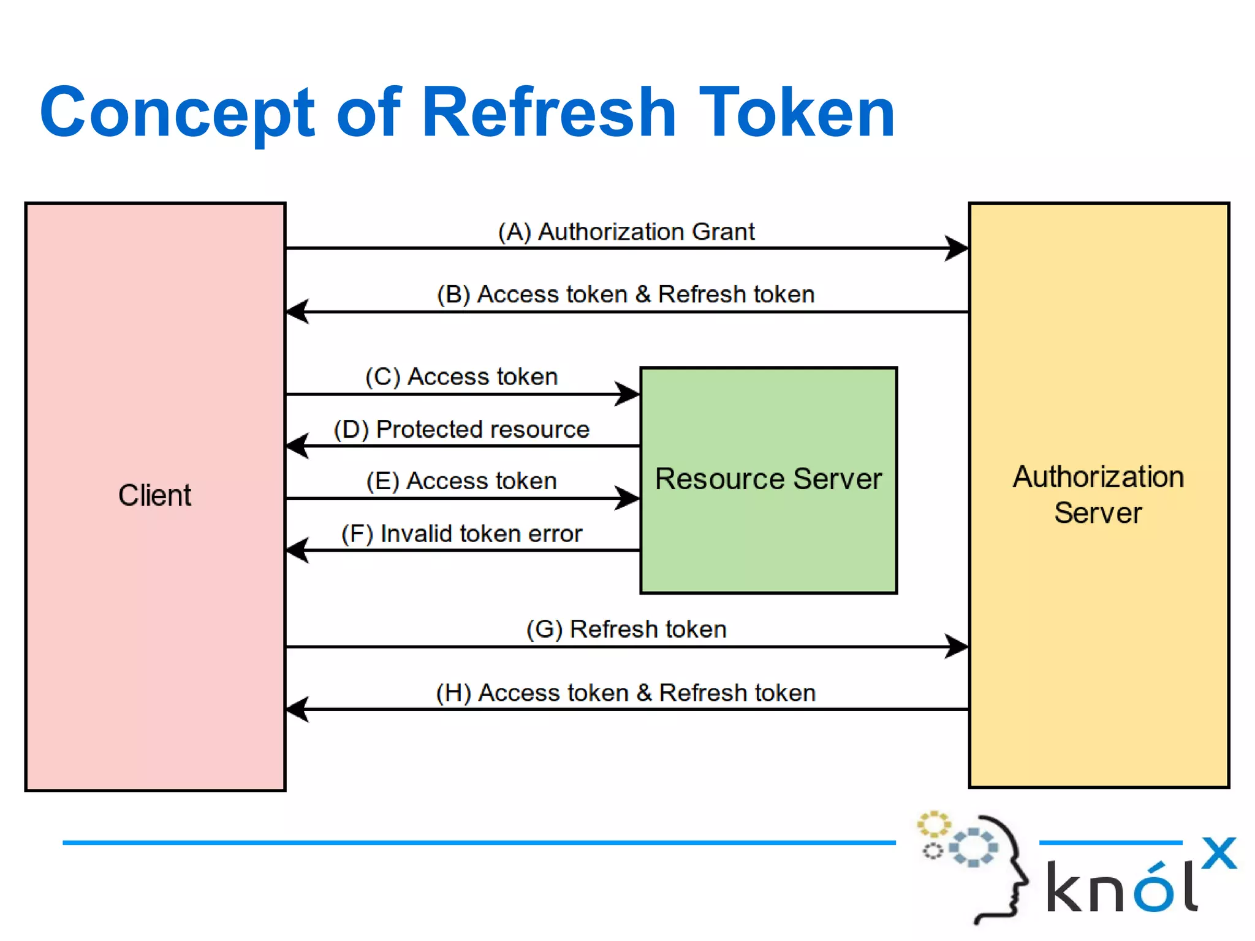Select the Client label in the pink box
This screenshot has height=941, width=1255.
154,495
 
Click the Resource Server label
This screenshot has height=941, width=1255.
768,479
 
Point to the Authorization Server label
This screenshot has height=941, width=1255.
1098,494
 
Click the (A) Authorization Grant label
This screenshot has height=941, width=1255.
626,232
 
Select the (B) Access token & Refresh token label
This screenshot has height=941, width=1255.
626,294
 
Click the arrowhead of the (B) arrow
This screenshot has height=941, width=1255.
297,311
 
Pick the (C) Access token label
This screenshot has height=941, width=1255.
461,376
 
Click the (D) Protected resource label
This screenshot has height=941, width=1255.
461,429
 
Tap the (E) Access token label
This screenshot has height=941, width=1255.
461,481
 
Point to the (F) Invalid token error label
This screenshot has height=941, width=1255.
461,533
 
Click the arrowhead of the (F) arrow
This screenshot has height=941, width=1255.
297,550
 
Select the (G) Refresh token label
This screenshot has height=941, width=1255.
626,630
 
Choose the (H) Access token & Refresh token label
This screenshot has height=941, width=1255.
626,693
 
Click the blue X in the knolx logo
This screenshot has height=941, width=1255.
1219,853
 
